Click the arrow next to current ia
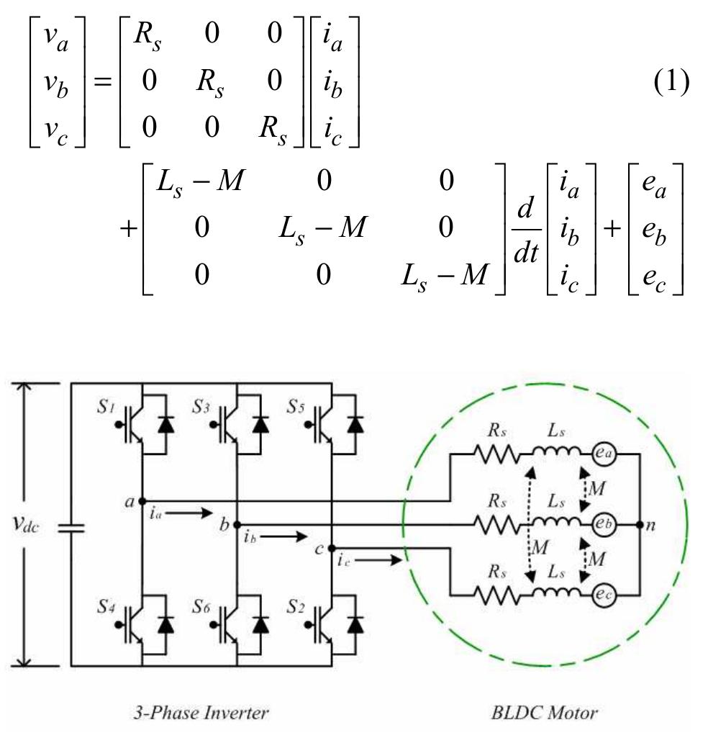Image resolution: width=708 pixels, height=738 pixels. pos(192,513)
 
